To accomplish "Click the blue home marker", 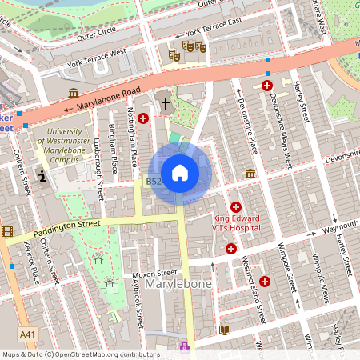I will [x=180, y=173].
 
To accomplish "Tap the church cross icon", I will [x=166, y=102].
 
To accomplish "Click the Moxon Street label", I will [x=155, y=273].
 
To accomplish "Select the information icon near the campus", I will [x=41, y=176].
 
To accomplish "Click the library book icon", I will [x=225, y=330].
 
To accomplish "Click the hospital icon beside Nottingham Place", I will [x=143, y=118].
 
